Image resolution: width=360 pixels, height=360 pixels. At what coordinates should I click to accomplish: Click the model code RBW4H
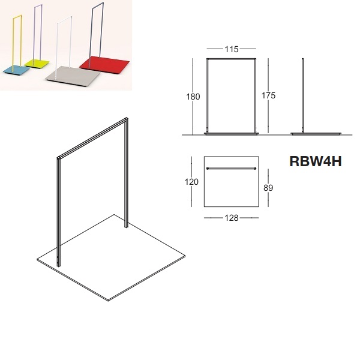tap(316, 161)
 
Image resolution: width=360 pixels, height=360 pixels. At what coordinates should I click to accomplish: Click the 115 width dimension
tap(232, 49)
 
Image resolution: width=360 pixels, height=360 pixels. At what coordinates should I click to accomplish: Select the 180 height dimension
tap(193, 97)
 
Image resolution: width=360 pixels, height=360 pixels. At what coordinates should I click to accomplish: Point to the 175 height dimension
tap(268, 95)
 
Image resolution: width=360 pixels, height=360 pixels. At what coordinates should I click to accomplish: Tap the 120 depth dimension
tap(191, 182)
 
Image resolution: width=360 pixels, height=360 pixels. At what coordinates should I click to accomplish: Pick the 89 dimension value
tap(268, 188)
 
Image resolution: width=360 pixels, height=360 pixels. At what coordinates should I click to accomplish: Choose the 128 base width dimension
tap(232, 218)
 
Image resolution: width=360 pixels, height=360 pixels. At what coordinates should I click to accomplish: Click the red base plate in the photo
tap(104, 65)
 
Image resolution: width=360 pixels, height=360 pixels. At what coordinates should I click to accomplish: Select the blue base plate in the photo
tap(17, 70)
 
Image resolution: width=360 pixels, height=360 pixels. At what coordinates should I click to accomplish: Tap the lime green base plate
tap(37, 63)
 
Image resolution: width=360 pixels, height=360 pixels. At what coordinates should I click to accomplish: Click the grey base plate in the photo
tap(73, 76)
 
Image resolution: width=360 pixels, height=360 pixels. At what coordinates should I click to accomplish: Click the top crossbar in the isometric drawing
tap(92, 138)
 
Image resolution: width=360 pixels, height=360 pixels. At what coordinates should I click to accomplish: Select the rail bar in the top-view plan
tap(232, 169)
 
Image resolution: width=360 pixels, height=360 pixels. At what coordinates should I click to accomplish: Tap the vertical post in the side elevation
tap(303, 95)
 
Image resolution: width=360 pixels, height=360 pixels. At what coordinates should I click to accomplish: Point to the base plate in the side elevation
tap(316, 134)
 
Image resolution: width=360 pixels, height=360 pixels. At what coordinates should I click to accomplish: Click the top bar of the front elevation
tap(232, 59)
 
